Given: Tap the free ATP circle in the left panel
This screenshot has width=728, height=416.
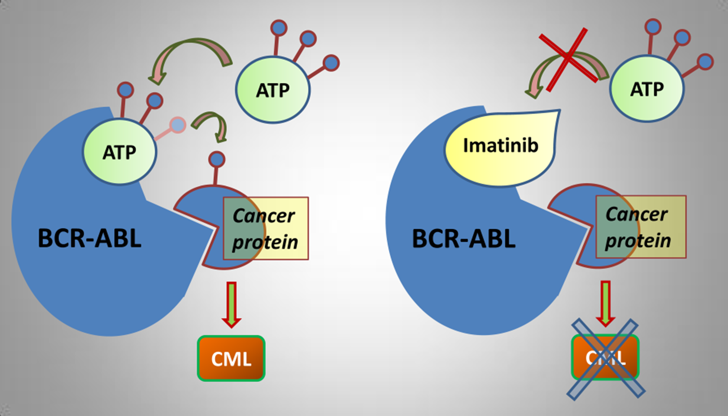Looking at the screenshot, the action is (x=272, y=90).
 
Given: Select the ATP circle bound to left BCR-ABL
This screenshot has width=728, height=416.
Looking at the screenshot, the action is (x=119, y=152).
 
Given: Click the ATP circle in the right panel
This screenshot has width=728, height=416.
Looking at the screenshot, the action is (x=647, y=89).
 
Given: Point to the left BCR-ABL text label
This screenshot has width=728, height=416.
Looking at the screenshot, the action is (x=90, y=238).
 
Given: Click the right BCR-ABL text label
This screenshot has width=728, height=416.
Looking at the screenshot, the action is (x=464, y=238).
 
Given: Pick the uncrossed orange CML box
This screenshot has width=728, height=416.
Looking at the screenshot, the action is (x=231, y=358).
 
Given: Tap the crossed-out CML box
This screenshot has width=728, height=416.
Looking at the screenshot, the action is (x=606, y=357).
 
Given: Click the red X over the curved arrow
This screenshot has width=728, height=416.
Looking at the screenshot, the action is (x=568, y=59).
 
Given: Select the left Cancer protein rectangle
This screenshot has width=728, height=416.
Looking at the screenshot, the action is (x=266, y=228).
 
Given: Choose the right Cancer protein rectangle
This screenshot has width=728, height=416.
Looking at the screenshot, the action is (x=641, y=227).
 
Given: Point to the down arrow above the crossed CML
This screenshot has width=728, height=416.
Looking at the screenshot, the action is (x=605, y=303).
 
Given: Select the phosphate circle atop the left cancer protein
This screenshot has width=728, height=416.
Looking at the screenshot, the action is (x=217, y=160).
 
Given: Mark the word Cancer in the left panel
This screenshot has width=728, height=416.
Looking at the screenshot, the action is (x=264, y=216).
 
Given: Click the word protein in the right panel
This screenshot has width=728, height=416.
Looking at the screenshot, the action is (x=638, y=241).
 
